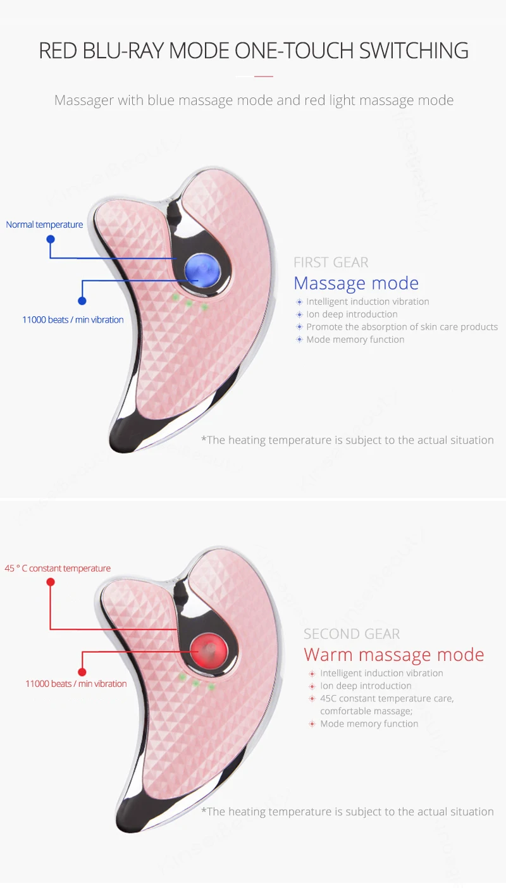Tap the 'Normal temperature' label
coord(44,225)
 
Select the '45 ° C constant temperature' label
coord(58,568)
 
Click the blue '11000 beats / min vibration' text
coord(73,319)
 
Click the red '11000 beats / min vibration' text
coord(76,683)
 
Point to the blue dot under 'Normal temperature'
coord(51,239)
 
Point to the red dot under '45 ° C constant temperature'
coord(51,582)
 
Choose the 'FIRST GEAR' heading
coord(331,262)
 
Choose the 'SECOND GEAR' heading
coord(352,634)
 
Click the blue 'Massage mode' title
coord(356,283)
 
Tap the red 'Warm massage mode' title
coord(394,655)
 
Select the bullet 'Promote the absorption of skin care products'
coord(402,326)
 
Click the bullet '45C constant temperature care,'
coord(386,698)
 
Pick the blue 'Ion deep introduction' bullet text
coord(352,314)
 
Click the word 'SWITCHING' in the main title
coord(414,51)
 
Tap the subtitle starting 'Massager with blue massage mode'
coord(254,100)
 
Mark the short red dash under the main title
coord(263,77)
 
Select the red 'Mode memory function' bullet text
coord(369,724)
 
